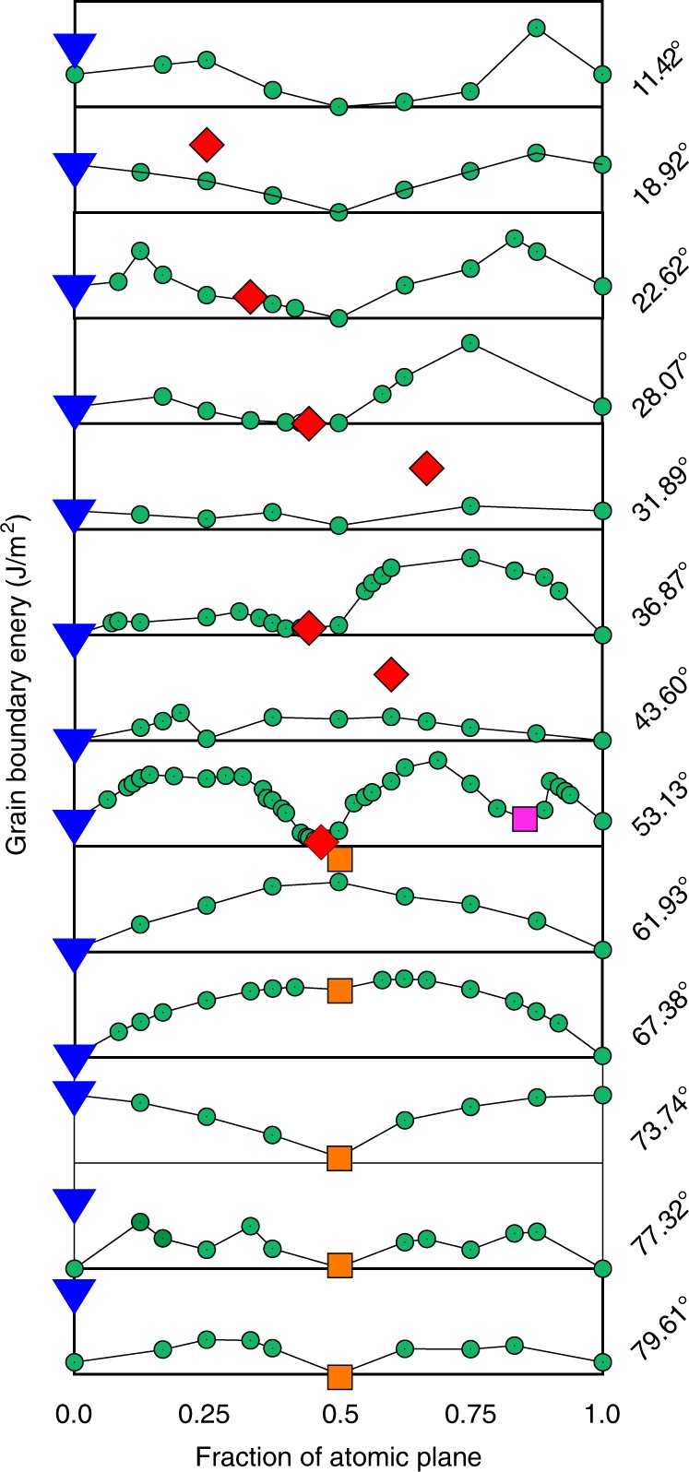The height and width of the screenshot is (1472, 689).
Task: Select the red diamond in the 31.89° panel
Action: pyautogui.click(x=426, y=469)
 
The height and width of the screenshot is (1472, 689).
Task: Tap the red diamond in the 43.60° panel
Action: pyautogui.click(x=392, y=674)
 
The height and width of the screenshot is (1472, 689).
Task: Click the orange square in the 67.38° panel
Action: pyautogui.click(x=339, y=991)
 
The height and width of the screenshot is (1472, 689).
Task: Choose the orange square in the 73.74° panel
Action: pyautogui.click(x=339, y=1157)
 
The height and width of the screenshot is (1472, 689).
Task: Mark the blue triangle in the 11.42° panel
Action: pyautogui.click(x=75, y=49)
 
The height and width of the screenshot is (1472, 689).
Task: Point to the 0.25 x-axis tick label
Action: pyautogui.click(x=207, y=1411)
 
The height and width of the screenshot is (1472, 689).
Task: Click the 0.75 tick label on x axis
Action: pyautogui.click(x=470, y=1411)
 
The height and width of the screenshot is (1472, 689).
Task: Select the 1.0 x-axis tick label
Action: pyautogui.click(x=602, y=1411)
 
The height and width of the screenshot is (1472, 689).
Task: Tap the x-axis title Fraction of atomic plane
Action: pyautogui.click(x=338, y=1454)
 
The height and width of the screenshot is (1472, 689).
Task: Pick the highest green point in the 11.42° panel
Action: pyautogui.click(x=536, y=28)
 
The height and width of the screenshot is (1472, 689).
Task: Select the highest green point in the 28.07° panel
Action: pyautogui.click(x=469, y=343)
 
